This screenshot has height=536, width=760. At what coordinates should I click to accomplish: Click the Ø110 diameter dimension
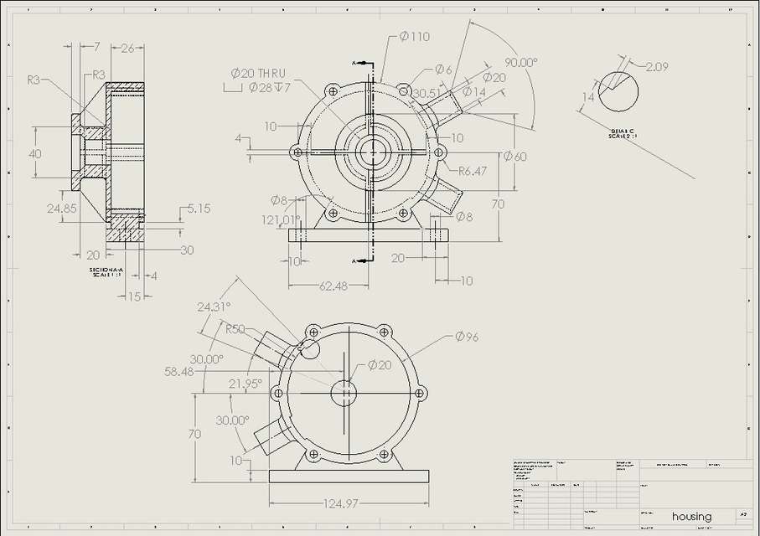[414, 36]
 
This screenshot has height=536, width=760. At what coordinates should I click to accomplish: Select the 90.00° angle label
[520, 62]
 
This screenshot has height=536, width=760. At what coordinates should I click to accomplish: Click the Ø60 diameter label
[514, 156]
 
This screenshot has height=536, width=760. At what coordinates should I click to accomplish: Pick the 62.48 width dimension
[333, 286]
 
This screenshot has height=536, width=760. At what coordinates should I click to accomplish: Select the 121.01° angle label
[280, 219]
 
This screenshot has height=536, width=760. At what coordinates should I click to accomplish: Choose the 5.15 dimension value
[199, 208]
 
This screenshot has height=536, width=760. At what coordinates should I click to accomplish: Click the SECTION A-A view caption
[106, 272]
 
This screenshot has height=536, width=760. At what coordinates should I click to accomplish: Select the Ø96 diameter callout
[466, 337]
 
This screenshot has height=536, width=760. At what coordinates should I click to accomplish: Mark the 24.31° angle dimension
[214, 307]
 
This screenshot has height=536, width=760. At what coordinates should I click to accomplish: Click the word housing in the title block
[691, 516]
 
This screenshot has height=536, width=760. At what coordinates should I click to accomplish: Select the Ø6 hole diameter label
[443, 70]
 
